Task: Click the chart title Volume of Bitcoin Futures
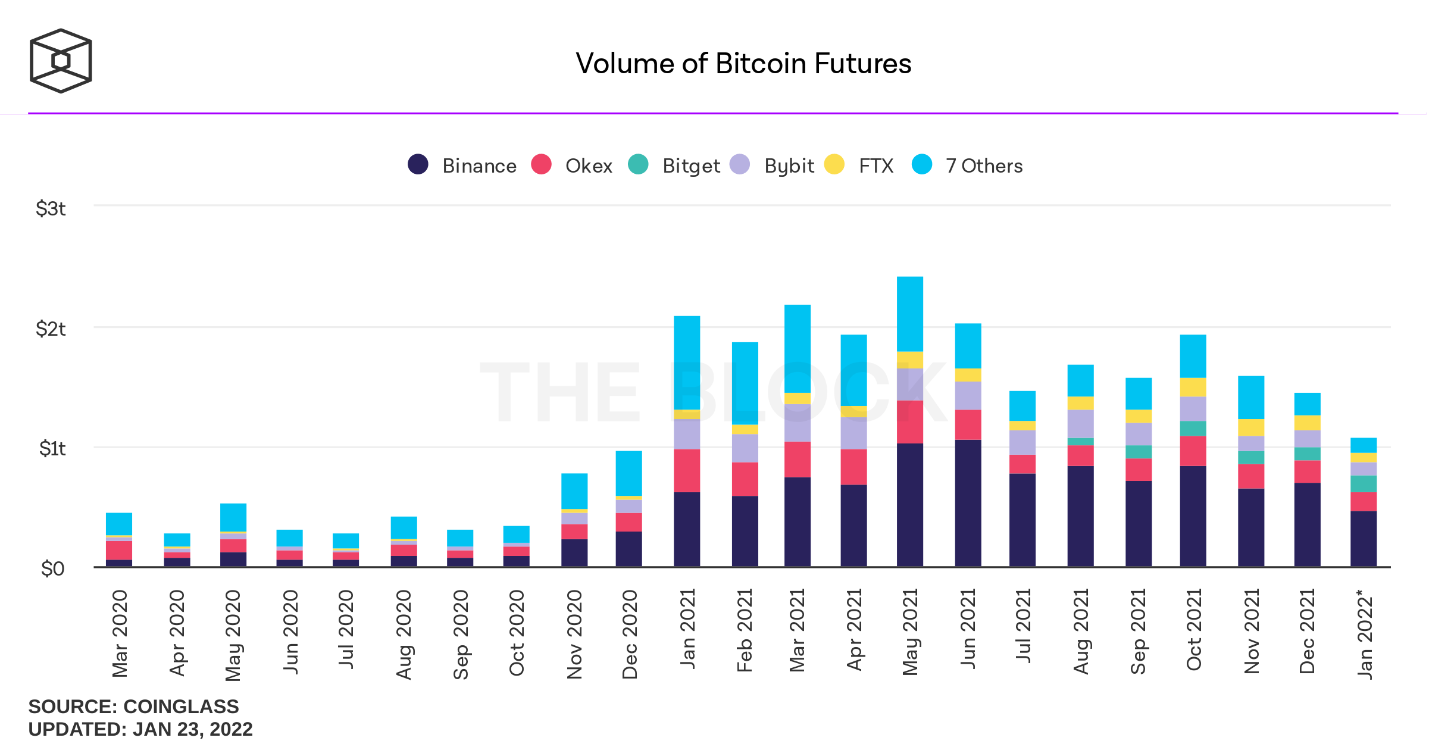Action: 743,64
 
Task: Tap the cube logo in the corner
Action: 61,61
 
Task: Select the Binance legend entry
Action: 462,165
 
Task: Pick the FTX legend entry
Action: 859,165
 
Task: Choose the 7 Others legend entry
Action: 967,165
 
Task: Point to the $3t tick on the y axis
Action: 51,209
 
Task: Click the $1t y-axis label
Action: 52,449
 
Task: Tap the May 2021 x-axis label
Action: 910,632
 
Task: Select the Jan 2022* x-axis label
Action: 1364,634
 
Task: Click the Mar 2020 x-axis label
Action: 120,634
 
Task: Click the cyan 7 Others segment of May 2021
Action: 909,314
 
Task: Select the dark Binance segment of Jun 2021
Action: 968,503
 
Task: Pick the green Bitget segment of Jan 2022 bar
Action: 1363,484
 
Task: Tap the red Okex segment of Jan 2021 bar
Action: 687,470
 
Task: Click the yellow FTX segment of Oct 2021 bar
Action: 1193,387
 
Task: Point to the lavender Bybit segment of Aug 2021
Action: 1080,424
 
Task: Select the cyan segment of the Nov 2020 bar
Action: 574,491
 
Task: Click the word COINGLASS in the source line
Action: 181,707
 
